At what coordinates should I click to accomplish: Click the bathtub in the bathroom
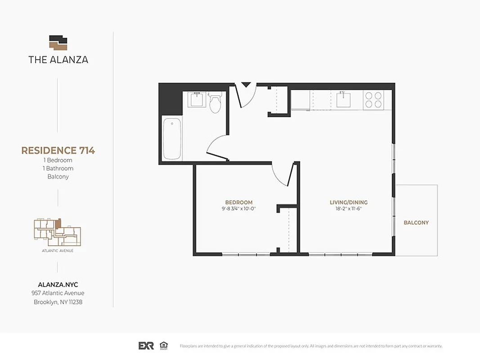click(x=172, y=139)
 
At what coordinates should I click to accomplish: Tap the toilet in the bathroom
click(x=215, y=103)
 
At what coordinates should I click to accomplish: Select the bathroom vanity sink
click(x=197, y=99)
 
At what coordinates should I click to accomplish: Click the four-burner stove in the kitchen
click(x=373, y=100)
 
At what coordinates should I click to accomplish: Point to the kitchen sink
click(x=344, y=99)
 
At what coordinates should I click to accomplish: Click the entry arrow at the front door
click(x=246, y=85)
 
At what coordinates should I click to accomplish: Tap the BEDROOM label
click(x=238, y=202)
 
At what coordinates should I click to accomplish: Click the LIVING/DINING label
click(x=349, y=202)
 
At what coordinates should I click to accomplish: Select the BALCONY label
click(x=416, y=223)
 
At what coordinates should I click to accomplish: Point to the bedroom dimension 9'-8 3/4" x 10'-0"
click(x=238, y=209)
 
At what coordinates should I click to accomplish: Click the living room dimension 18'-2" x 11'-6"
click(x=349, y=209)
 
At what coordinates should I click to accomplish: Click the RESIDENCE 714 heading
click(x=58, y=150)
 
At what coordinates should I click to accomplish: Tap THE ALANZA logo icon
click(x=58, y=43)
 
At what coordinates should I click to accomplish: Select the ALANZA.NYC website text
click(x=58, y=284)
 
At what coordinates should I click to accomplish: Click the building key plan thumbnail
click(x=58, y=232)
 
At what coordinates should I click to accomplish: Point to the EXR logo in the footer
click(x=146, y=346)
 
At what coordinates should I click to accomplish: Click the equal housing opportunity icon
click(x=164, y=346)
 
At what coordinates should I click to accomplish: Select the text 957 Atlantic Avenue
click(x=58, y=293)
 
